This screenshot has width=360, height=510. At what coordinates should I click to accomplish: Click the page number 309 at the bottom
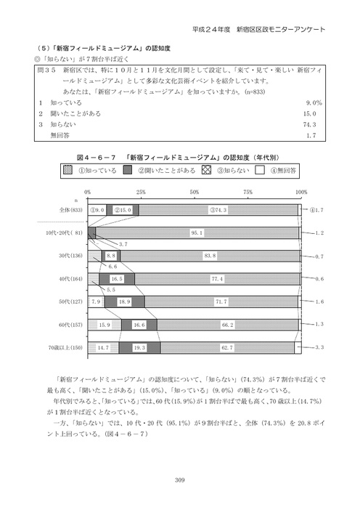click(181, 477)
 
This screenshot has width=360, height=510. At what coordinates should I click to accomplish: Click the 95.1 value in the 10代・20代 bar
click(196, 232)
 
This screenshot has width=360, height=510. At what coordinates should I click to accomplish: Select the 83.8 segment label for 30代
click(210, 256)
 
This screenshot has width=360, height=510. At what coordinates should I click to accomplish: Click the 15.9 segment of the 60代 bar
click(105, 325)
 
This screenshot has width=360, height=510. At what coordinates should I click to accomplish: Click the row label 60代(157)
click(70, 325)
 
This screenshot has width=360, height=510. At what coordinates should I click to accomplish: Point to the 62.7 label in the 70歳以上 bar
click(227, 348)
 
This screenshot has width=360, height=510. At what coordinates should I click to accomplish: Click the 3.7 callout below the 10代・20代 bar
click(123, 243)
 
